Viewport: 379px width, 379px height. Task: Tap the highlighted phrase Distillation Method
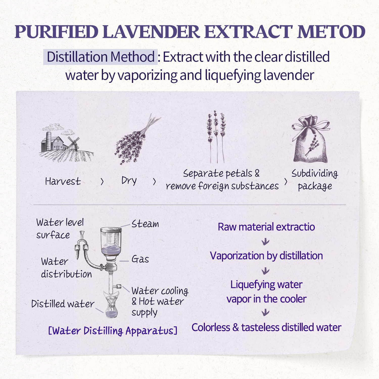click(101, 57)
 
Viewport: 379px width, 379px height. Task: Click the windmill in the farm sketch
click(73, 144)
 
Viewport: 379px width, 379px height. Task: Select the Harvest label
click(63, 181)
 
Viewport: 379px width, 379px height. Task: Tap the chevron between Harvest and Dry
click(102, 181)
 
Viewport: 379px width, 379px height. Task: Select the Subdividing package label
click(315, 180)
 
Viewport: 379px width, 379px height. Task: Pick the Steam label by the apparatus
click(145, 224)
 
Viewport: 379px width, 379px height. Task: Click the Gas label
click(140, 259)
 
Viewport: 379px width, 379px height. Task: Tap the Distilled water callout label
click(63, 304)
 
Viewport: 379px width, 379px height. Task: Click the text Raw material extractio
click(266, 227)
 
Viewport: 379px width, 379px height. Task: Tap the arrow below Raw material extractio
click(265, 242)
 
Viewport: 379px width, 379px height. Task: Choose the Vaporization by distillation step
click(266, 256)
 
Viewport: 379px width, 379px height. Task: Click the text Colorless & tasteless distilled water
click(266, 327)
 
